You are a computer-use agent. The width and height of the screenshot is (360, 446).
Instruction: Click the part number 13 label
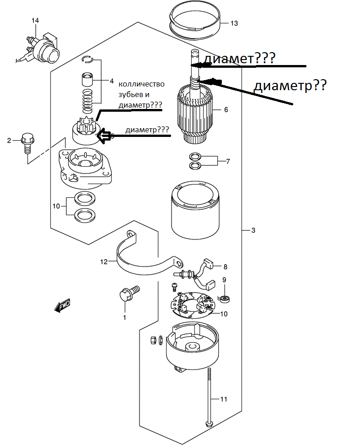point(234,23)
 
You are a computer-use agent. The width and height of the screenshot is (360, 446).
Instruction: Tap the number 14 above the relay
point(35,21)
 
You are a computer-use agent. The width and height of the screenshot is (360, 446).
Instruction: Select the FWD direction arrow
point(62,305)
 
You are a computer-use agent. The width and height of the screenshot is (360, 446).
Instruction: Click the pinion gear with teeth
point(86,125)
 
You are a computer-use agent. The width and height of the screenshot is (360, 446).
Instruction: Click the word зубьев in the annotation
point(131,95)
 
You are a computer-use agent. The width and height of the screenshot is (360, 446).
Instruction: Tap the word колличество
point(141,84)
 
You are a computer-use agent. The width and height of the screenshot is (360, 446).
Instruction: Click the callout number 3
point(253,230)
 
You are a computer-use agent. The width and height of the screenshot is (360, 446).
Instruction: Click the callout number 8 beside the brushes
point(226,267)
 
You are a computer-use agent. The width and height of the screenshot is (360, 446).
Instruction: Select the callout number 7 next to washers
point(228,162)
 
